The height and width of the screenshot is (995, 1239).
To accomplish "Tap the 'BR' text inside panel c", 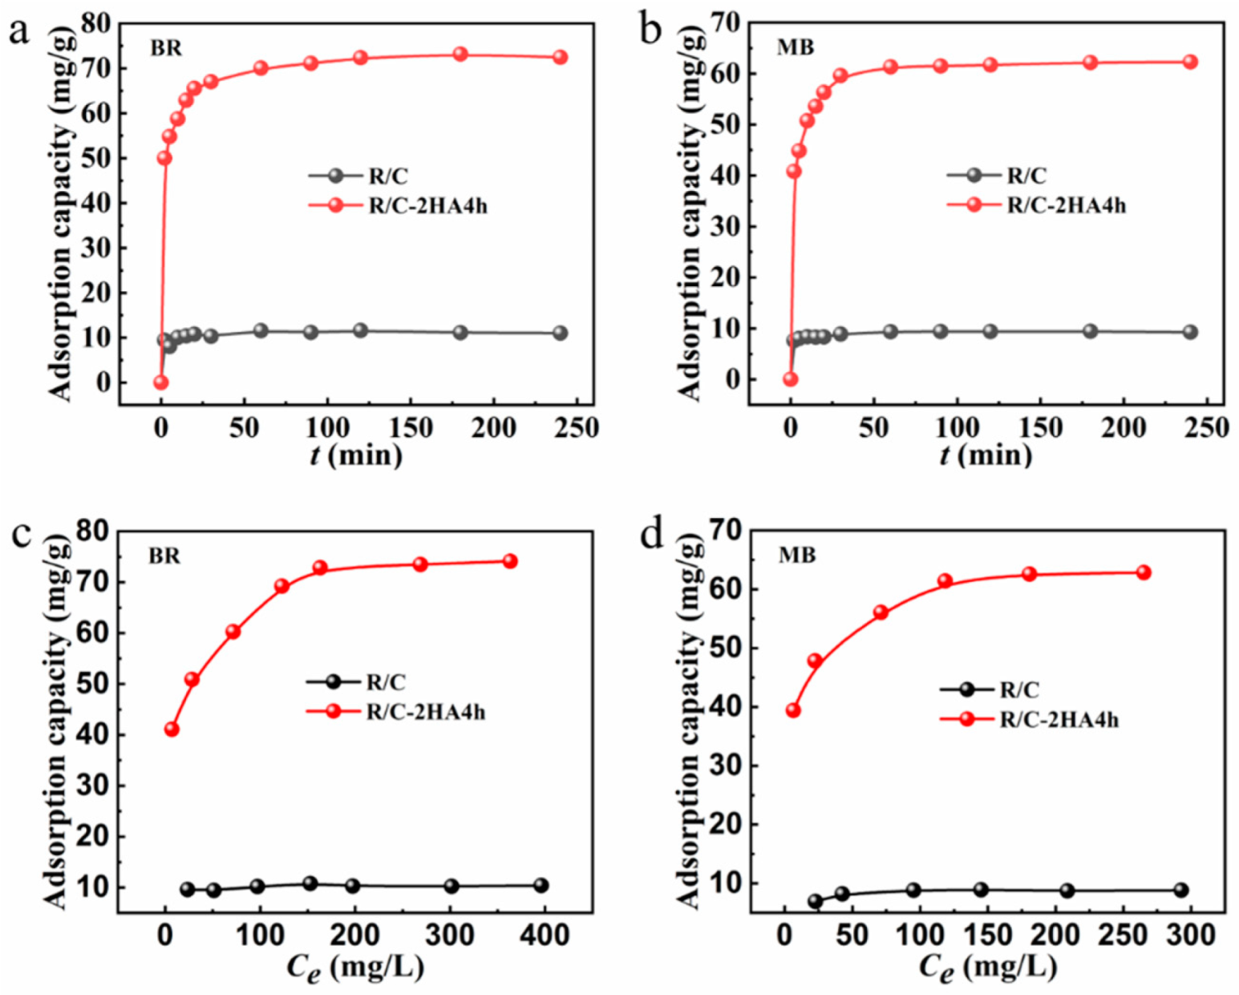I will pos(164,556).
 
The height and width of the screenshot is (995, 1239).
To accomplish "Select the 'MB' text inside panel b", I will pos(796,47).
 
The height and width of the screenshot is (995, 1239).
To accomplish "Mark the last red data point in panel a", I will pos(560,57).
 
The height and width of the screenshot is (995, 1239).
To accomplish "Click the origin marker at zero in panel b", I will pos(791,379).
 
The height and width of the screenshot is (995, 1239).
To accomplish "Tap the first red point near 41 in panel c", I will pos(172,730).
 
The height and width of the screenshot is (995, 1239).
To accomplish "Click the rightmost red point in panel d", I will pos(1144,572).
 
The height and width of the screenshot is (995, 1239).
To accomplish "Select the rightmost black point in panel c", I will pos(541,885).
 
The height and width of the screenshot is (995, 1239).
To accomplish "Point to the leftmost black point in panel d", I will pos(815,901).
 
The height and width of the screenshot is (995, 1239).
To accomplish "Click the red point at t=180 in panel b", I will pos(1090,63).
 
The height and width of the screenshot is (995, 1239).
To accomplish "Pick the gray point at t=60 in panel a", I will pos(261,330).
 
